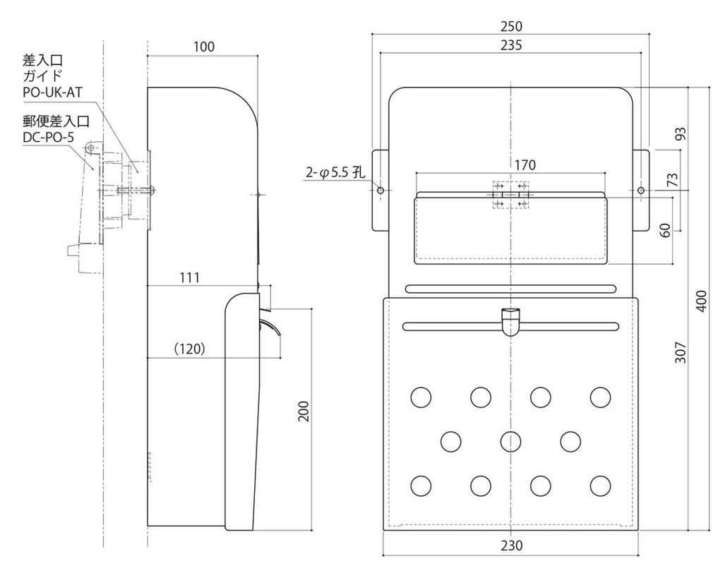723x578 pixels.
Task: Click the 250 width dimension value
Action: click(x=510, y=27)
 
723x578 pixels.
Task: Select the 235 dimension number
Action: click(x=510, y=46)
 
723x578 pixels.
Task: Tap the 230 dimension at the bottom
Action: click(x=511, y=546)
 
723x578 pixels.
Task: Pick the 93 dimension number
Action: click(x=680, y=133)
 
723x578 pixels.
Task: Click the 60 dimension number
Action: click(x=664, y=231)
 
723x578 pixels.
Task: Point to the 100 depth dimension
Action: click(x=203, y=47)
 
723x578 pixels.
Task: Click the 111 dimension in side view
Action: click(x=188, y=278)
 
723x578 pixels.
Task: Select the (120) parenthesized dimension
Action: click(x=189, y=349)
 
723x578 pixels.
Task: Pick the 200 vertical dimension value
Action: click(x=304, y=411)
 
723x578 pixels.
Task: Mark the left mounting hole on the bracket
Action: click(x=381, y=191)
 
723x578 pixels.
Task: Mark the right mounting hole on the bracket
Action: click(x=641, y=191)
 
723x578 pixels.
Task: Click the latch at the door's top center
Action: click(x=510, y=321)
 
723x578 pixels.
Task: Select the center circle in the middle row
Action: click(x=510, y=442)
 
